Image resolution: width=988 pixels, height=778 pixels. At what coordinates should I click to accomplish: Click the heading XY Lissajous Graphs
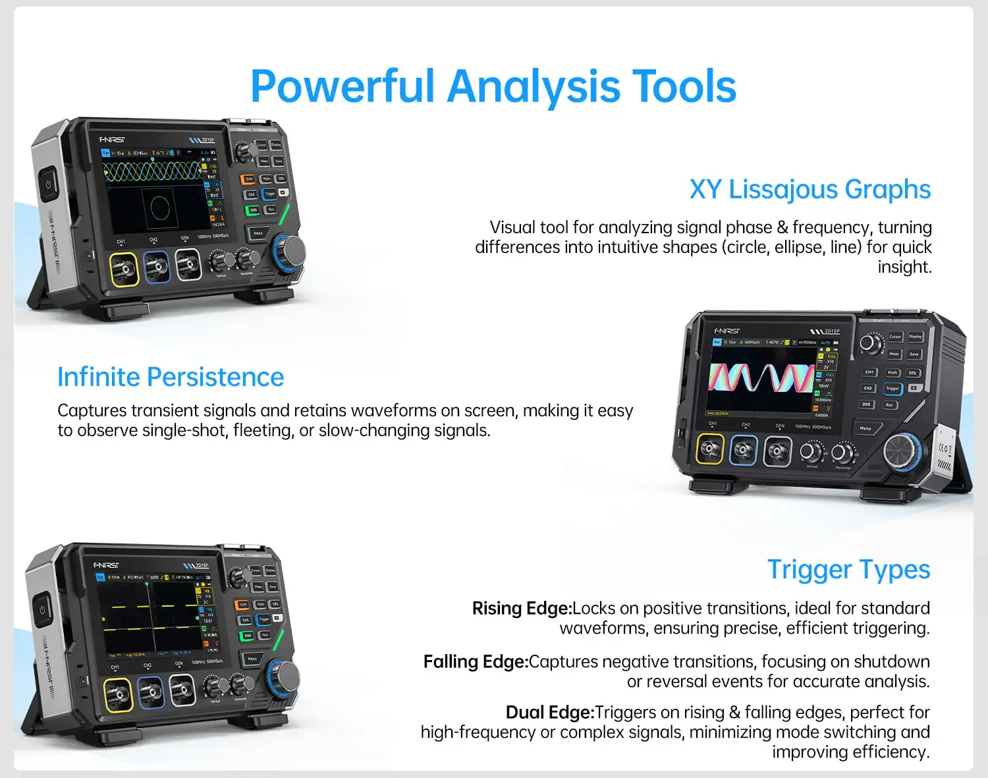810,190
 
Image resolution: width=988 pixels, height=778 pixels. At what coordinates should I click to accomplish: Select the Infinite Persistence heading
171,377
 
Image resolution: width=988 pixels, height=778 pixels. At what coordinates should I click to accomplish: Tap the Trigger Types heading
848,570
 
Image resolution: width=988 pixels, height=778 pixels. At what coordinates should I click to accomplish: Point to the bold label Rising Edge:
522,608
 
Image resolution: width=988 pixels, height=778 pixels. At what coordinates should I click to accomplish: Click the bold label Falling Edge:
476,661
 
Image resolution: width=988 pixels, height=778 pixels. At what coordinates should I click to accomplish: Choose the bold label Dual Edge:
550,712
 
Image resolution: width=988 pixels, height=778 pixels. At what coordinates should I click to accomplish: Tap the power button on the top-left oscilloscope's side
48,184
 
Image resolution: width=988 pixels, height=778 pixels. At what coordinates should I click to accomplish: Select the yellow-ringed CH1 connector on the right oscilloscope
709,449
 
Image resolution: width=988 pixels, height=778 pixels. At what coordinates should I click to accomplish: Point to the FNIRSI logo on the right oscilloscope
727,331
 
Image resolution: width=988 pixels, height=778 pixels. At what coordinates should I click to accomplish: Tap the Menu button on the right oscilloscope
865,428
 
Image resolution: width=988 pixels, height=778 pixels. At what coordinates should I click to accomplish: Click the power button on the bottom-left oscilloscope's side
42,609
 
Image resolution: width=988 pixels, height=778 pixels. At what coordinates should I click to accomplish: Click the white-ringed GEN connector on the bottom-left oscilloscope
182,690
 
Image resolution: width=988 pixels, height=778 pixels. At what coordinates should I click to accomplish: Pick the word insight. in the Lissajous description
904,267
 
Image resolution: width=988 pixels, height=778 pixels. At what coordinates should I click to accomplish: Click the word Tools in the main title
684,87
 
